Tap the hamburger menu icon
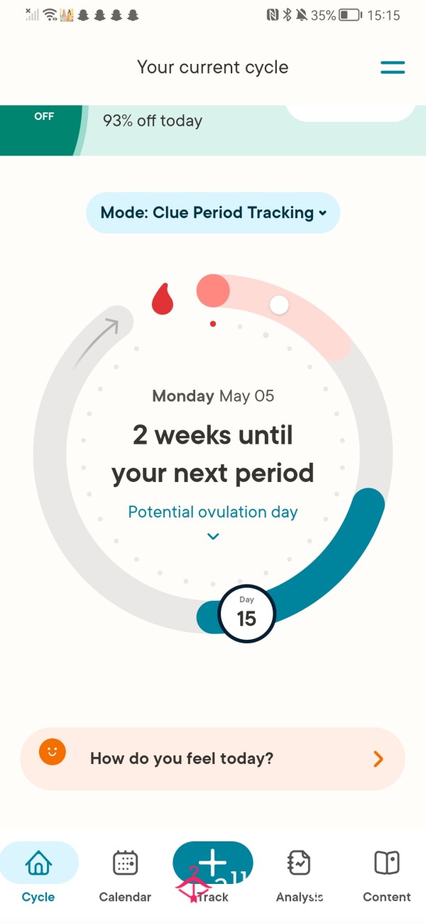393,67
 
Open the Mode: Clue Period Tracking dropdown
213,212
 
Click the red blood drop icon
163,299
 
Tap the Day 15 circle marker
246,613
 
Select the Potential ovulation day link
213,512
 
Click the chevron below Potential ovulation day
213,536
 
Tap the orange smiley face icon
53,752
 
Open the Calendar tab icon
125,863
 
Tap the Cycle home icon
39,863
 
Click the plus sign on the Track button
212,862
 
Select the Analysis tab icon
299,863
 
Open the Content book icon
387,863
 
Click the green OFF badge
40,130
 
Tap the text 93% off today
153,121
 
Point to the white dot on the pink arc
279,305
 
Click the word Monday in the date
183,396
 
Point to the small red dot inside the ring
213,324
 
